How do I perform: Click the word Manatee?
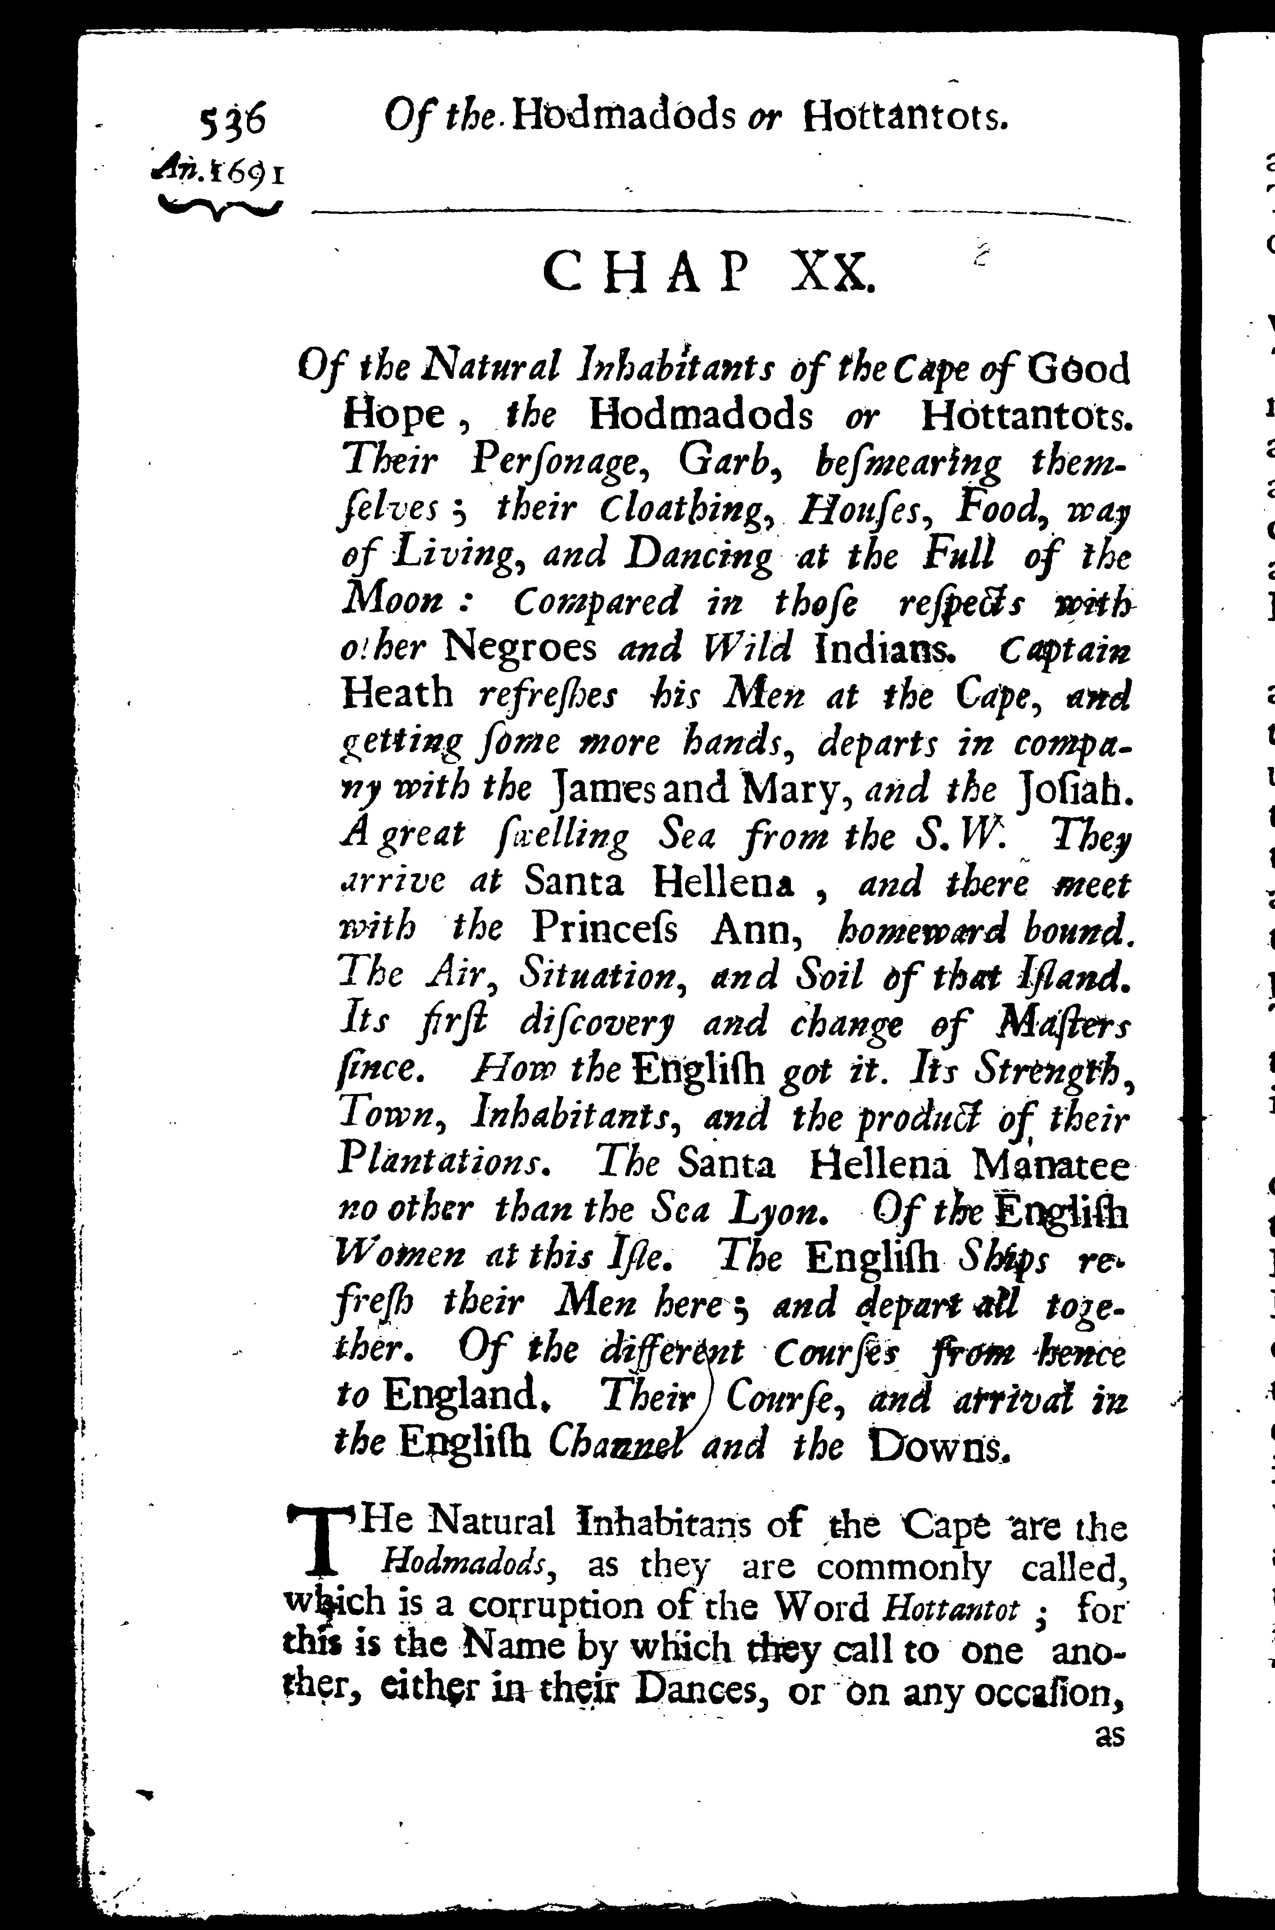(1050, 1166)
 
